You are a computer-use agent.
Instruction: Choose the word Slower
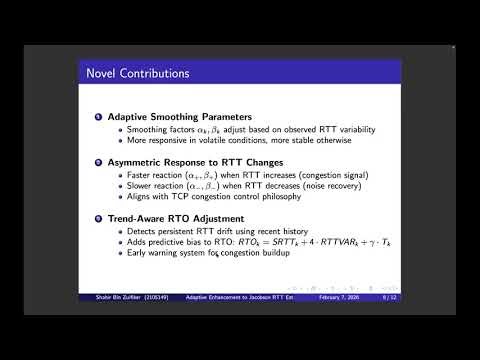pyautogui.click(x=127, y=187)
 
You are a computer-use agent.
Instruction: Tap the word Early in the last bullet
pyautogui.click(x=123, y=255)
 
